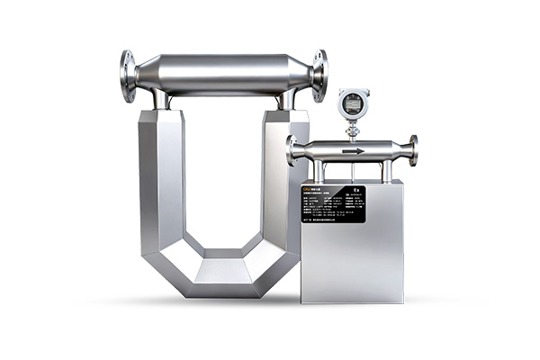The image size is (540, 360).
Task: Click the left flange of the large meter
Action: pos(129,76)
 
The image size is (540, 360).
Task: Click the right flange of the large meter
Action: pos(319,76)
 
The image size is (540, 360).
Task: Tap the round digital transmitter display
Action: pos(352,105)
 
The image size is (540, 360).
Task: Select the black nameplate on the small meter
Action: pos(333,204)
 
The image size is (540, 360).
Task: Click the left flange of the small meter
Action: pos(292,150)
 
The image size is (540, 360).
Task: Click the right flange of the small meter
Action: pos(412,149)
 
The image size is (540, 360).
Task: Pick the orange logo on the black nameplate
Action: pos(310,191)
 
